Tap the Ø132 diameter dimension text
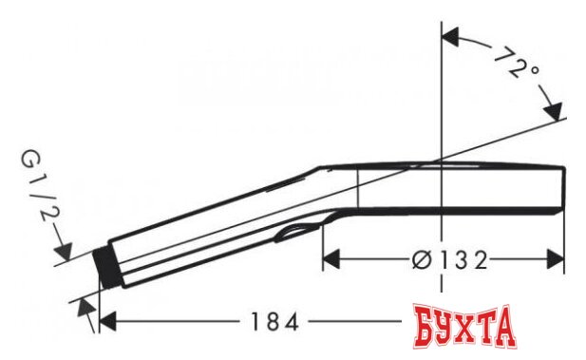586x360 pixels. click(450, 259)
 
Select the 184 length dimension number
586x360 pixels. click(274, 321)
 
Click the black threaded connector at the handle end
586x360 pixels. click(106, 268)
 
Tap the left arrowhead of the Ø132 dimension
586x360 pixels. click(331, 259)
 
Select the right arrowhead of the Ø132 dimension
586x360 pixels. click(555, 259)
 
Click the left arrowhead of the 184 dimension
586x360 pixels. click(107, 321)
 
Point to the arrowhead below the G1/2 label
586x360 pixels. click(64, 251)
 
